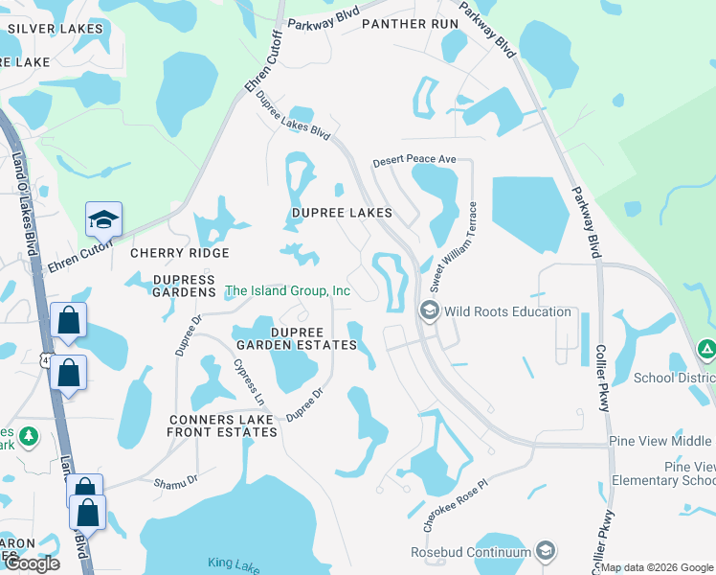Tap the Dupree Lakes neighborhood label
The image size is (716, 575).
point(342,212)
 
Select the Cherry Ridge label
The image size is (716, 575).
point(180,253)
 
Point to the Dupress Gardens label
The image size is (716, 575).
point(183,285)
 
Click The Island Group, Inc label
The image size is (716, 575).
point(287,290)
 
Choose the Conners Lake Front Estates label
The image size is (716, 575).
point(222,425)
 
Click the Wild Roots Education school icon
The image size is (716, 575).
point(429,310)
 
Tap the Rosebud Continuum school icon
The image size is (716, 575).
point(546,551)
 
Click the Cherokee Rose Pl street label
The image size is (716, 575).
point(454,506)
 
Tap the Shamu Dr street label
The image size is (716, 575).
point(176,480)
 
